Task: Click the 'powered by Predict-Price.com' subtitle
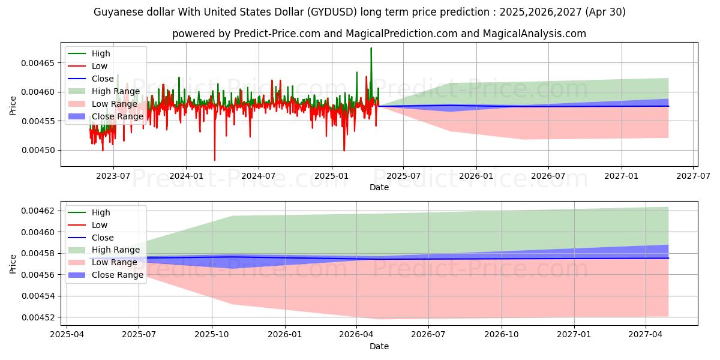[x=379, y=34]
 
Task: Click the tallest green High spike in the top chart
[x=371, y=49]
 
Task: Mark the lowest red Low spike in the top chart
[x=215, y=160]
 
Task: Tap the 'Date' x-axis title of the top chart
[x=379, y=187]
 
